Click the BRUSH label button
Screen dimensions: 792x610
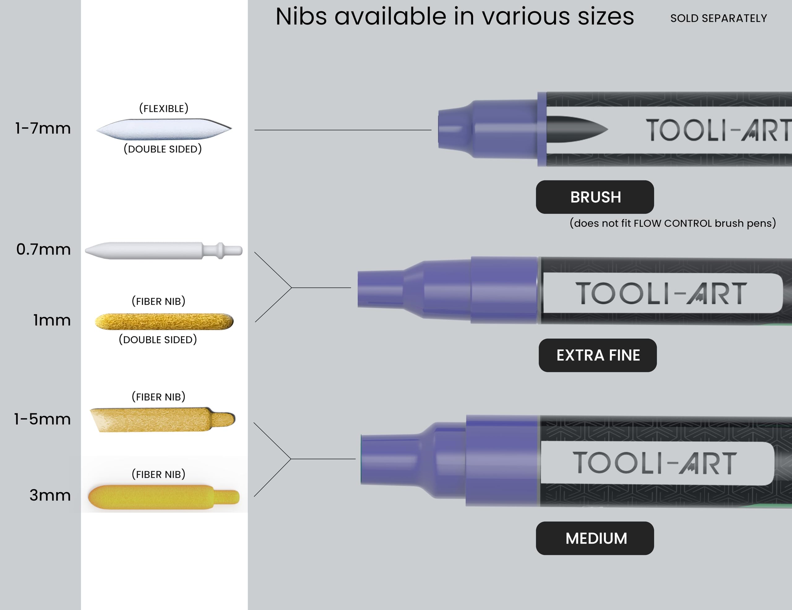[595, 197]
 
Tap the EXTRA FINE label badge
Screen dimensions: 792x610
[598, 355]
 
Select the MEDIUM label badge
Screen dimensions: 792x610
[595, 538]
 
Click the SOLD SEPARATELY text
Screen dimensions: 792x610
[718, 18]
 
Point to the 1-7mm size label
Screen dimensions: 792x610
[43, 129]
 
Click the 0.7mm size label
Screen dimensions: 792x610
[44, 249]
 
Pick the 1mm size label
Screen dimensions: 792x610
[52, 320]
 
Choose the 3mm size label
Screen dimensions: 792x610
[50, 495]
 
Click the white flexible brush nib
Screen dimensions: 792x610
[164, 129]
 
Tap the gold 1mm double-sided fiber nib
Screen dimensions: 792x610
[164, 321]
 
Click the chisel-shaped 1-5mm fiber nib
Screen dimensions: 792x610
[163, 420]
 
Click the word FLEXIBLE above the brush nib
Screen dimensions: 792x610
[164, 108]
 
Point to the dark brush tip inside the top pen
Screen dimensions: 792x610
[577, 129]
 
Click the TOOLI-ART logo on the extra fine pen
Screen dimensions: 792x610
[661, 293]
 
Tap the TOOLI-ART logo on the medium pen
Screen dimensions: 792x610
[655, 463]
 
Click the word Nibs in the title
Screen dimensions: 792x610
[301, 17]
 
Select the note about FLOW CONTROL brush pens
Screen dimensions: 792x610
[673, 223]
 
